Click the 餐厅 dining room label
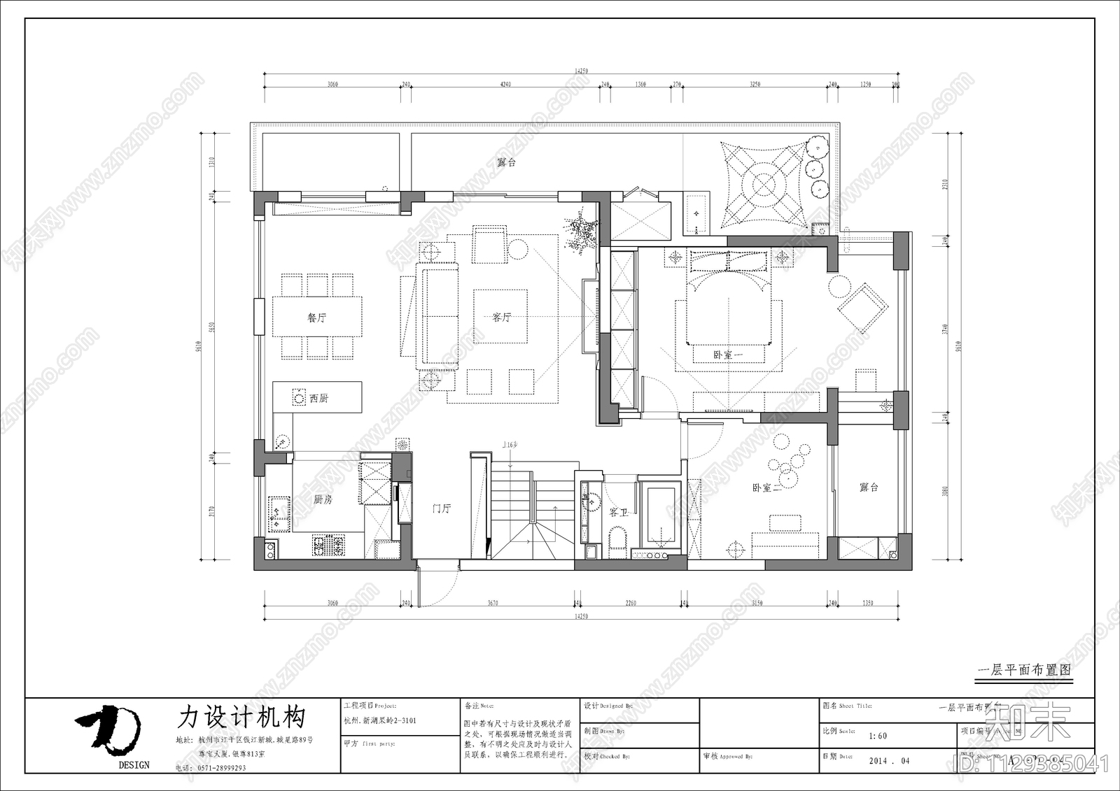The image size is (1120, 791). click(x=317, y=318)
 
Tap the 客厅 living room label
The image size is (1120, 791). click(x=501, y=317)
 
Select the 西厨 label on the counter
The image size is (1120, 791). click(x=318, y=398)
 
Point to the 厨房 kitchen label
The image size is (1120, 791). click(x=323, y=499)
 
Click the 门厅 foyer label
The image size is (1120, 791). click(x=441, y=508)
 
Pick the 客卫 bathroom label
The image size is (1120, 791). click(x=618, y=513)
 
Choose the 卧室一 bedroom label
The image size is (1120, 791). click(x=728, y=355)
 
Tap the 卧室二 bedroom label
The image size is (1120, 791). click(x=766, y=487)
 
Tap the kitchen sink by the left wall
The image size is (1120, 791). click(x=279, y=515)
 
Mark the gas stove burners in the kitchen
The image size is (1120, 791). click(x=328, y=545)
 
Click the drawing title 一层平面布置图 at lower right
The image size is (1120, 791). click(x=1023, y=669)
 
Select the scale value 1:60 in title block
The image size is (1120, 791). click(x=877, y=736)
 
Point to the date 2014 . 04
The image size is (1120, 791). click(x=889, y=761)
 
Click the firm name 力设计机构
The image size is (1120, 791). click(x=241, y=717)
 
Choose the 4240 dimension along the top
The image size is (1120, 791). click(x=505, y=84)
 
